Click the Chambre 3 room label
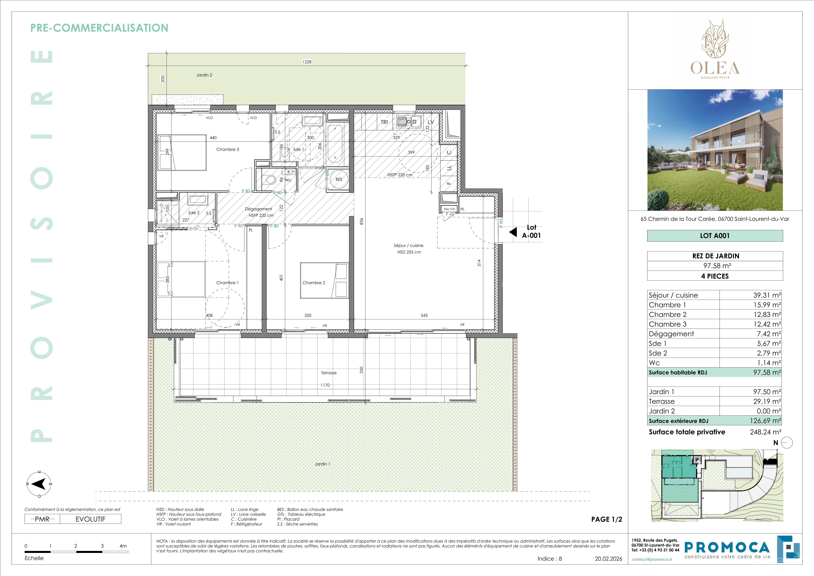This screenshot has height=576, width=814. click(x=228, y=149)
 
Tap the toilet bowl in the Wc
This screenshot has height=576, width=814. click(x=271, y=180)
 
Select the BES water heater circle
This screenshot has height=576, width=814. click(x=339, y=179)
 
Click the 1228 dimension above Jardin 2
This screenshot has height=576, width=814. click(x=307, y=62)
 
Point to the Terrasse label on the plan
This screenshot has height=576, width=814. click(x=329, y=373)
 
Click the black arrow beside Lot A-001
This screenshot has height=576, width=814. click(x=513, y=232)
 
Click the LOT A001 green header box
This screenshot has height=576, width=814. click(x=715, y=236)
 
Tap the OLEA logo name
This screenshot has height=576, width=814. click(x=715, y=68)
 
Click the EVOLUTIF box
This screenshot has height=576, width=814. click(x=90, y=519)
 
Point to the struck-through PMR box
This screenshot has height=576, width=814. click(x=42, y=519)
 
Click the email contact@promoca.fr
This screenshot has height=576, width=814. click(x=652, y=559)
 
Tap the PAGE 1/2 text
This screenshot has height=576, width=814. click(x=607, y=519)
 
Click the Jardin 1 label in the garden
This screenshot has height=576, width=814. click(x=322, y=464)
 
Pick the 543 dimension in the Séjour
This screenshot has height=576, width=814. click(x=424, y=315)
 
